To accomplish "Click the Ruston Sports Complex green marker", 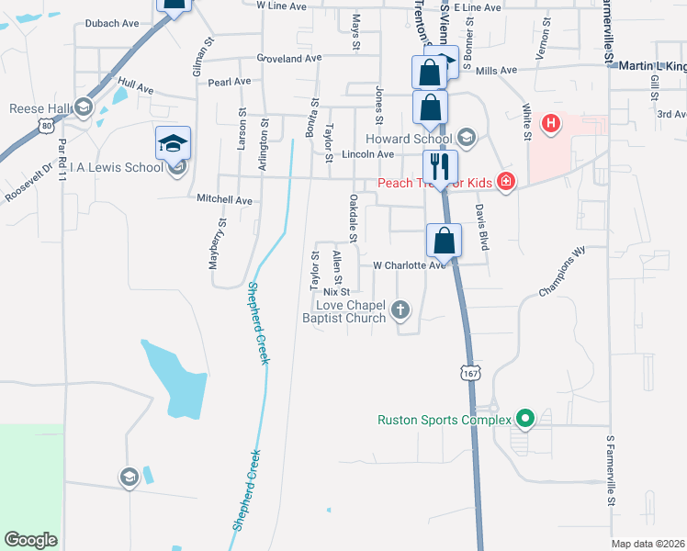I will point(525,420).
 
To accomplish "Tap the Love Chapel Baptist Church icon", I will point(400,310).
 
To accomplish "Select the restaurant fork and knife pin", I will point(439,167).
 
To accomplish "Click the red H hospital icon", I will point(551,123).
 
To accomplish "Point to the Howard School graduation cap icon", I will point(466,138).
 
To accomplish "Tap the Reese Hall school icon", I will point(83,109).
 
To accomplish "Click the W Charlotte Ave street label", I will point(409,265).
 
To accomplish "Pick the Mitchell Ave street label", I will point(224,199).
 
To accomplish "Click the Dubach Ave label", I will point(110,24).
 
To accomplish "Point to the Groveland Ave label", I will point(289,57).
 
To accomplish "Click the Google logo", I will point(31,540).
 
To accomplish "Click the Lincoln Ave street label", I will point(367,154).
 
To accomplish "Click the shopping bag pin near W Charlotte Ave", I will point(444,242).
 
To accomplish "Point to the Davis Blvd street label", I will point(480,228).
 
